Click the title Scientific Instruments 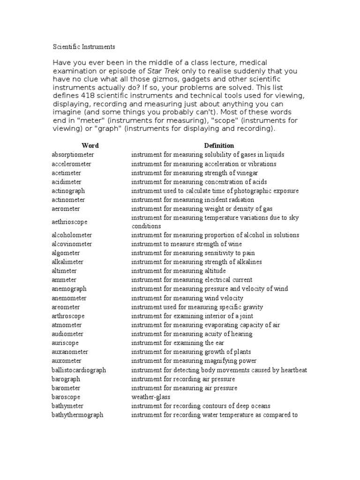pos(83,47)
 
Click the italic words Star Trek pos(163,71)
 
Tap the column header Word pos(90,146)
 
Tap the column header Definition pos(219,146)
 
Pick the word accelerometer pos(71,164)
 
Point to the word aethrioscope pos(69,222)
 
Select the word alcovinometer pos(72,244)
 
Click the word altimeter pos(64,271)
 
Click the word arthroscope pos(68,316)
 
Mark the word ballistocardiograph pos(79,370)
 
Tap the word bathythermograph pos(77,415)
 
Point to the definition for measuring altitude pos(178,271)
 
